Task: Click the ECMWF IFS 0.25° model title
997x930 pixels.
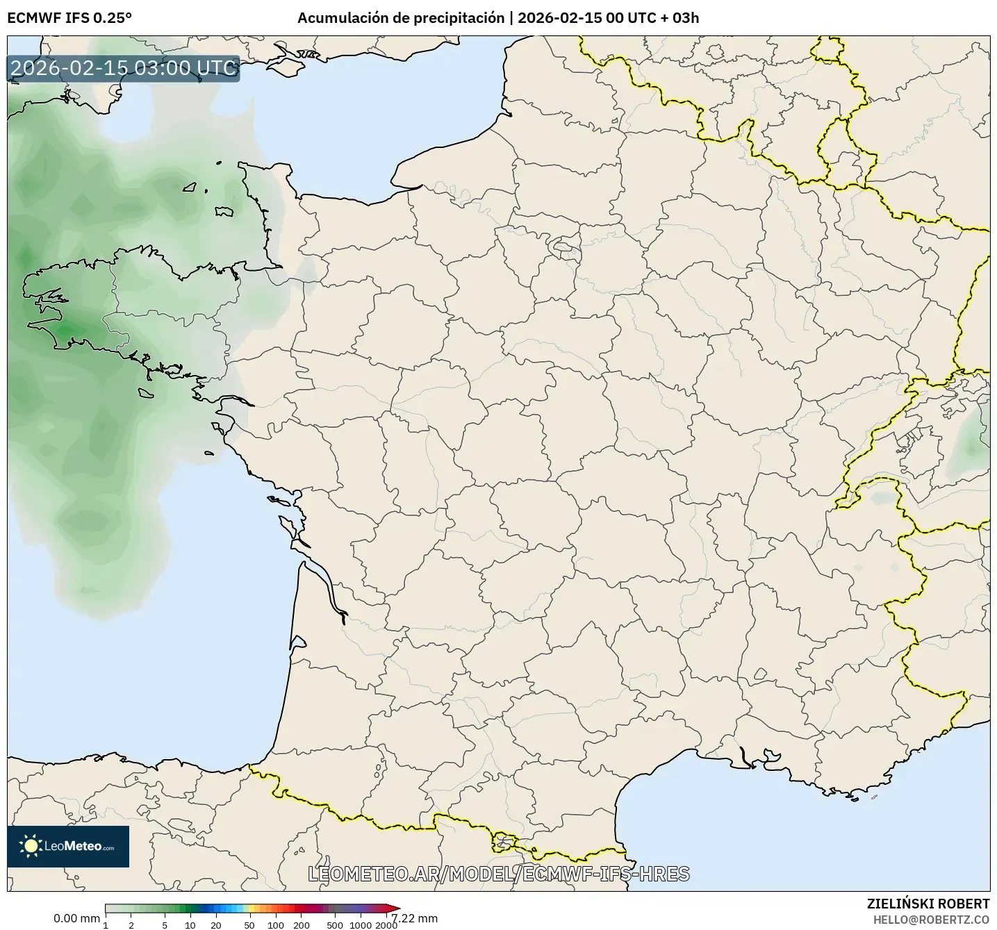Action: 69,18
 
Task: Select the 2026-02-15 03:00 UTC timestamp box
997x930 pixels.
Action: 124,69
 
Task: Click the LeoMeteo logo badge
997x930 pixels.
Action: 68,846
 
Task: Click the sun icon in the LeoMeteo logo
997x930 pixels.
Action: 31,846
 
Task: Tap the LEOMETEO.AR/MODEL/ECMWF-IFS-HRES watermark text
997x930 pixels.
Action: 498,874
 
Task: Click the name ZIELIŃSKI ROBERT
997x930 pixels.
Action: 928,904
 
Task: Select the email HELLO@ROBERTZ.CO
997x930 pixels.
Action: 931,920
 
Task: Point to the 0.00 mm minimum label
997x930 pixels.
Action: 76,918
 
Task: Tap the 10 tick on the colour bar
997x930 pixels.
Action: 190,925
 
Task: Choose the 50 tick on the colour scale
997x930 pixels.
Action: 249,925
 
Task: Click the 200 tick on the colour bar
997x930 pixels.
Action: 302,925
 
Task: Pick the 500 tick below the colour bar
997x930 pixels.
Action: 335,925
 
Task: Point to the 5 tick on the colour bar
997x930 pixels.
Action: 165,925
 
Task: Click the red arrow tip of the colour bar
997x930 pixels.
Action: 395,908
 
